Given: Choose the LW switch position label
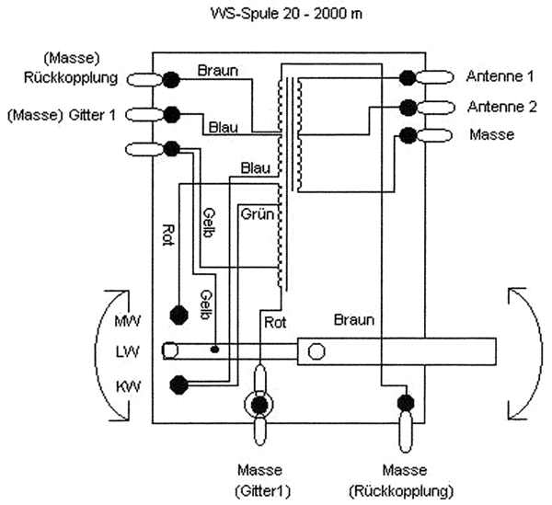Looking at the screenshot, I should [127, 352].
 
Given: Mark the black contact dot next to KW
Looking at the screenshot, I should [178, 384].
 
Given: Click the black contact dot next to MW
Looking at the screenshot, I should [178, 314].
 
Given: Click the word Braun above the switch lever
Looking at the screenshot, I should [354, 320].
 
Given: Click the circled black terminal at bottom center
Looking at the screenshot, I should [260, 404].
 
